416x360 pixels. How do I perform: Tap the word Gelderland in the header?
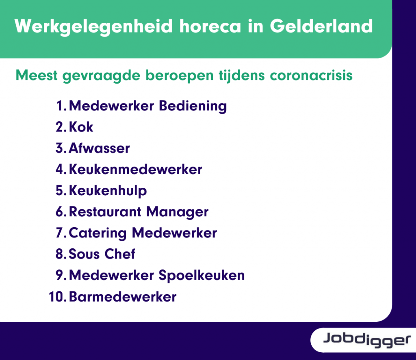(x=321, y=26)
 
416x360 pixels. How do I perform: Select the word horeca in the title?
(x=210, y=26)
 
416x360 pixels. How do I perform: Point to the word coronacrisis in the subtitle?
(x=311, y=75)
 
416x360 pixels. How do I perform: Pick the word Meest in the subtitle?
(x=36, y=75)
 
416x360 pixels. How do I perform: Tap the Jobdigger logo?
(x=367, y=340)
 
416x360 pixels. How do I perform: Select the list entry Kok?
(x=81, y=127)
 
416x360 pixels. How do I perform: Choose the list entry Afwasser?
(x=99, y=148)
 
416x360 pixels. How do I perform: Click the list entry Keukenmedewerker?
(x=136, y=169)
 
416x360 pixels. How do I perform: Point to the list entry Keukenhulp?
(x=108, y=191)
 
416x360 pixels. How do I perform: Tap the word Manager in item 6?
(x=177, y=212)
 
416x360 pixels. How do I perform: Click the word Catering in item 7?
(x=97, y=233)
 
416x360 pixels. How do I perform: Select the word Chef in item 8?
(x=120, y=254)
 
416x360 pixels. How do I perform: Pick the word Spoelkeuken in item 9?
(x=201, y=276)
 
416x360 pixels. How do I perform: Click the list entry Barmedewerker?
(x=123, y=297)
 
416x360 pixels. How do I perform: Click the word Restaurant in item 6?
(x=105, y=212)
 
